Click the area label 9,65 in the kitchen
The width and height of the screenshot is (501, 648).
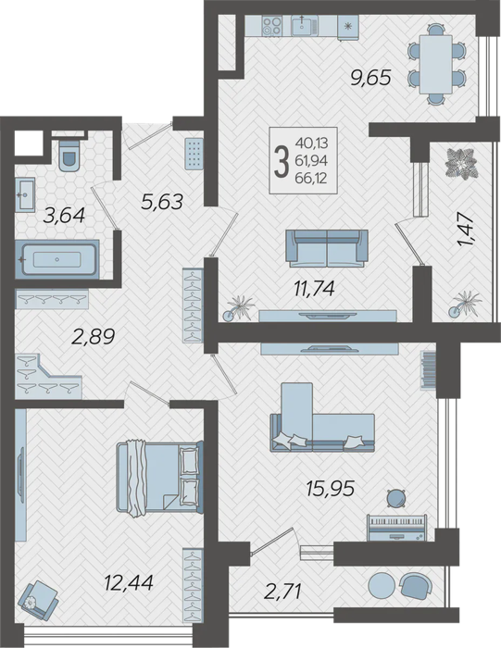click(x=370, y=78)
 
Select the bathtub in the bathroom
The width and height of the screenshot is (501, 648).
click(x=57, y=259)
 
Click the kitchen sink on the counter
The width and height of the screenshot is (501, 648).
click(x=304, y=25)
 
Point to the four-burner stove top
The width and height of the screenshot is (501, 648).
click(x=272, y=26)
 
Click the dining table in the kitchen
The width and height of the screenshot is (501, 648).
click(x=435, y=65)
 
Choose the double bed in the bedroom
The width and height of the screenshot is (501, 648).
click(x=159, y=478)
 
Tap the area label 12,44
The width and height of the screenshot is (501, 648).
click(x=129, y=583)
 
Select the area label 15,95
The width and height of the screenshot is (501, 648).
click(x=331, y=489)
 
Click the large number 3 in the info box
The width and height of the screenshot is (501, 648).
click(x=282, y=162)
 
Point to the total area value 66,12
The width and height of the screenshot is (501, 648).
click(x=311, y=179)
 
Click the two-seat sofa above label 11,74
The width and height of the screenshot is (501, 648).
click(x=327, y=248)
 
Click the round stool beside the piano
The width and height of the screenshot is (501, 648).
click(x=396, y=498)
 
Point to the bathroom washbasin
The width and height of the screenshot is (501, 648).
click(x=25, y=195)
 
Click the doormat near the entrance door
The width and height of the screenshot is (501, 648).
click(x=194, y=153)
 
